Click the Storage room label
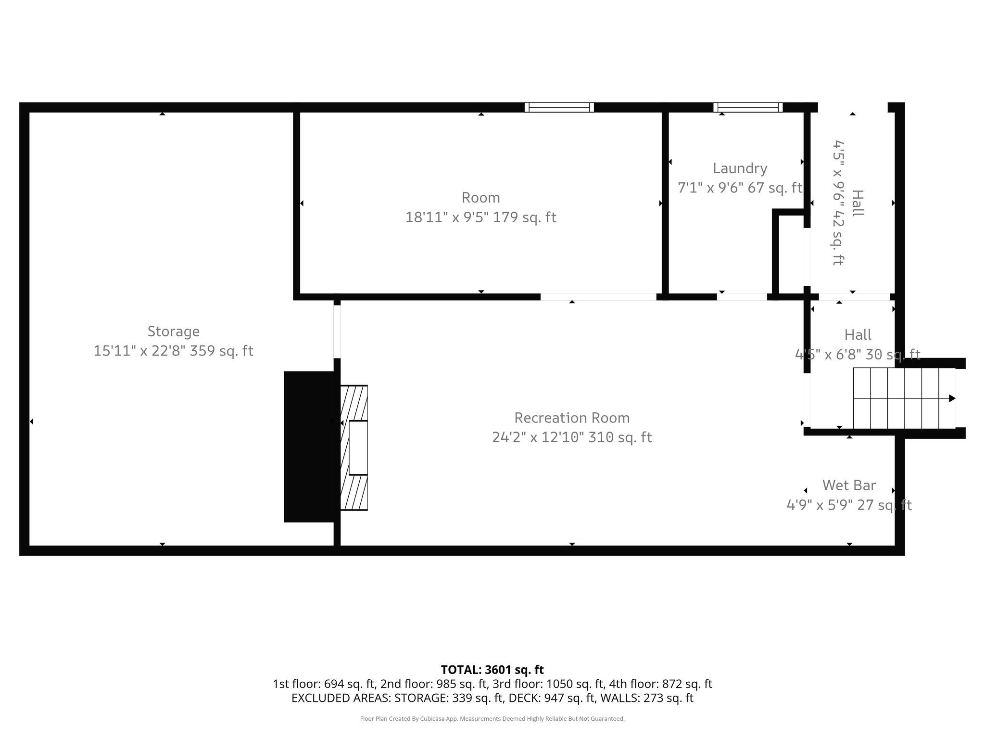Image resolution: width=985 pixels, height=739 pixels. click(x=173, y=331)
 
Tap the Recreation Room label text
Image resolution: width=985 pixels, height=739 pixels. click(x=572, y=418)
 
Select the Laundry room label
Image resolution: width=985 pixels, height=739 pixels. click(x=740, y=168)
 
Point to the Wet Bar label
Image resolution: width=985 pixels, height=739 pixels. click(x=849, y=485)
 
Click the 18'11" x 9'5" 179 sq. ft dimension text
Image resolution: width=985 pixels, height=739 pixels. click(x=480, y=217)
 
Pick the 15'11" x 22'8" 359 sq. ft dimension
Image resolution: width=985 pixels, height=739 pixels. click(x=173, y=351)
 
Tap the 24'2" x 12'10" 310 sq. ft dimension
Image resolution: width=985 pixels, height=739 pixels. click(x=572, y=437)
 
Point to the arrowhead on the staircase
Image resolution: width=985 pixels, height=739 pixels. click(x=952, y=398)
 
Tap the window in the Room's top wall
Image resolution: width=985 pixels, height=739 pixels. click(x=559, y=107)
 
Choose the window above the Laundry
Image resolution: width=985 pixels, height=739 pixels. click(x=747, y=107)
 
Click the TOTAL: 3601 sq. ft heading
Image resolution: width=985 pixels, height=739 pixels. click(x=492, y=670)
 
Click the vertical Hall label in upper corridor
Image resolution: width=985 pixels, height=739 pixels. click(x=857, y=203)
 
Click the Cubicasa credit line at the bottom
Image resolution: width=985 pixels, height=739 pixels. click(x=492, y=719)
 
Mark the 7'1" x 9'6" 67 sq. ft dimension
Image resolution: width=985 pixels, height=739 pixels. click(x=740, y=188)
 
